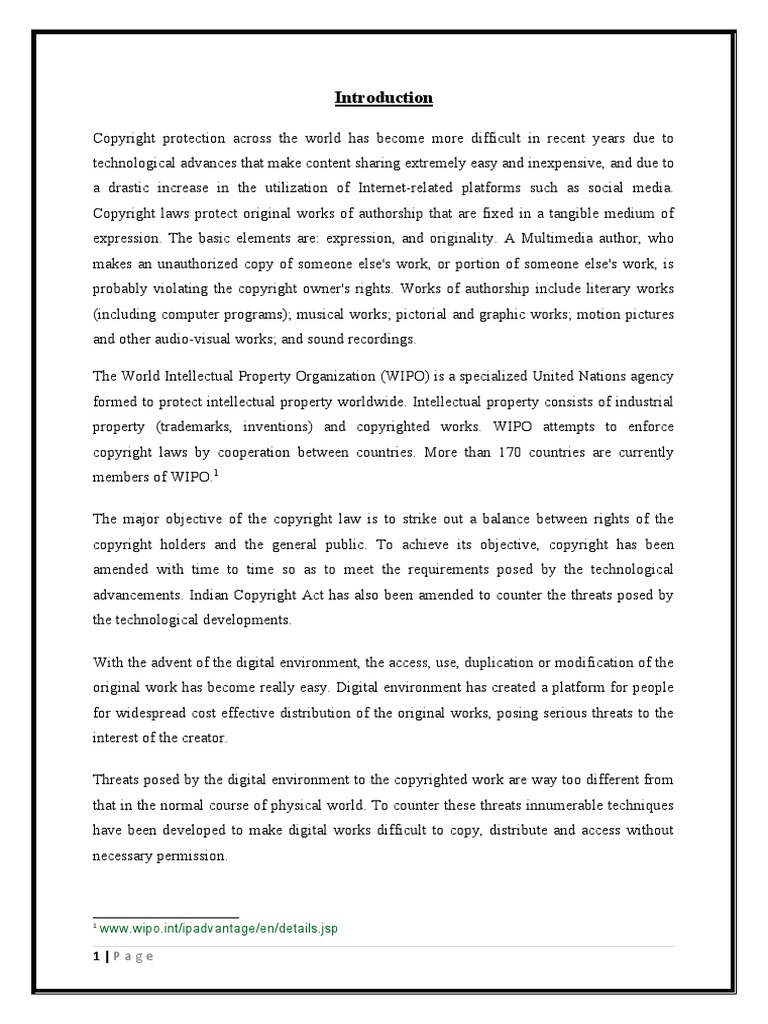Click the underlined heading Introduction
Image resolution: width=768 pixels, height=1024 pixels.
pyautogui.click(x=383, y=97)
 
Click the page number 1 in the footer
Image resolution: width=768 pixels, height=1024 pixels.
pyautogui.click(x=96, y=956)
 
